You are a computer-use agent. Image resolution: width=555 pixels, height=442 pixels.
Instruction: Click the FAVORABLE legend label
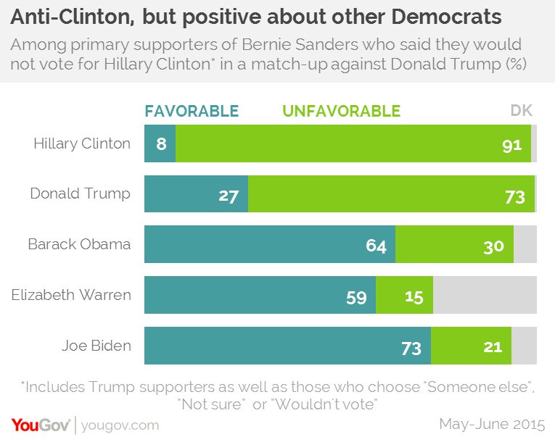click(192, 111)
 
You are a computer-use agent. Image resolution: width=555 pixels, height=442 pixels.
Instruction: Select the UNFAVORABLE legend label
click(341, 111)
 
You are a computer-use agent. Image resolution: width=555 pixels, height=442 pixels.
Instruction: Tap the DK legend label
click(522, 111)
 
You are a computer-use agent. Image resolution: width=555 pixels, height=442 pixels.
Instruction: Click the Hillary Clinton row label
click(82, 143)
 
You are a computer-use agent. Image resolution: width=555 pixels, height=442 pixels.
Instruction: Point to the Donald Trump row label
click(81, 193)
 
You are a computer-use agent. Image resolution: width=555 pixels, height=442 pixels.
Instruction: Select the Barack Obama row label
click(79, 244)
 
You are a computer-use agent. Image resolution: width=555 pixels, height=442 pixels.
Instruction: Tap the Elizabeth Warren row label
click(71, 295)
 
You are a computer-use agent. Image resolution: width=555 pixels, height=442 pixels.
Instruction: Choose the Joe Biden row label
click(96, 346)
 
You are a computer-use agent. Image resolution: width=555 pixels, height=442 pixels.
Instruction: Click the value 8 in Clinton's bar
click(161, 144)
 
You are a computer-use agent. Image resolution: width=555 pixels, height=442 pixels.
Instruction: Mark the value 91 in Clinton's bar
click(511, 146)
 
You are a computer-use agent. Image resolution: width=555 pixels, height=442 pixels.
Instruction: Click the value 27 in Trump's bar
click(229, 196)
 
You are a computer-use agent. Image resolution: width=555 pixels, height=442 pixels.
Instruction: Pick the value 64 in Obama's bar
click(376, 246)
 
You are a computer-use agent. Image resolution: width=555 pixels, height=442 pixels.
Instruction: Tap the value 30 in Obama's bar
click(493, 247)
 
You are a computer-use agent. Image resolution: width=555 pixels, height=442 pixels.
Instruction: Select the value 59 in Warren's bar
click(356, 298)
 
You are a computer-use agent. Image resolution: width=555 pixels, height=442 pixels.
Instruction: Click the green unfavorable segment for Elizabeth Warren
click(404, 295)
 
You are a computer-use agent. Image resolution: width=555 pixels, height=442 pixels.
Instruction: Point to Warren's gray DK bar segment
click(485, 295)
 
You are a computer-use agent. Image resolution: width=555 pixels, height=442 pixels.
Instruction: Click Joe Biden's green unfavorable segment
click(471, 346)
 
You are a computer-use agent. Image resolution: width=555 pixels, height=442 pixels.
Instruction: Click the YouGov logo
click(41, 425)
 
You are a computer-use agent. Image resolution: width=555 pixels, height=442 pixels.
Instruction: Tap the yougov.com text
click(120, 426)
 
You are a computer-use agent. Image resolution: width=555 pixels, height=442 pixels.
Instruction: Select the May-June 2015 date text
click(492, 424)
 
